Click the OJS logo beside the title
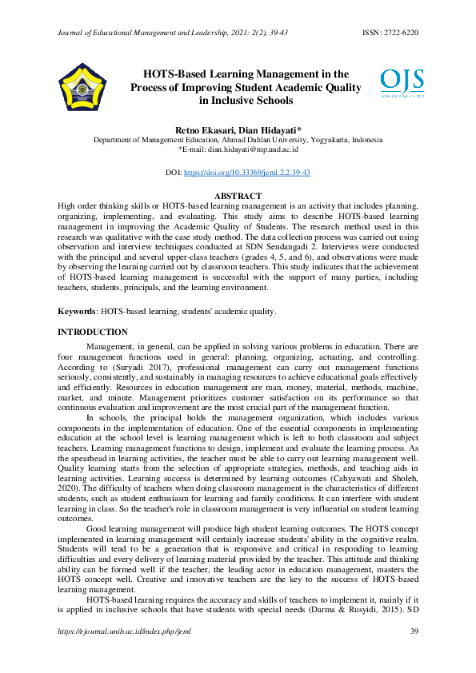(402, 83)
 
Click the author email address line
(238, 149)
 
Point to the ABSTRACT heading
(238, 196)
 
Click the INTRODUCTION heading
(93, 332)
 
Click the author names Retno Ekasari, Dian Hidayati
(238, 129)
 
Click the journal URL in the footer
(125, 631)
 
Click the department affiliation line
(238, 139)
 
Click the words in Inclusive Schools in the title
(246, 101)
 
